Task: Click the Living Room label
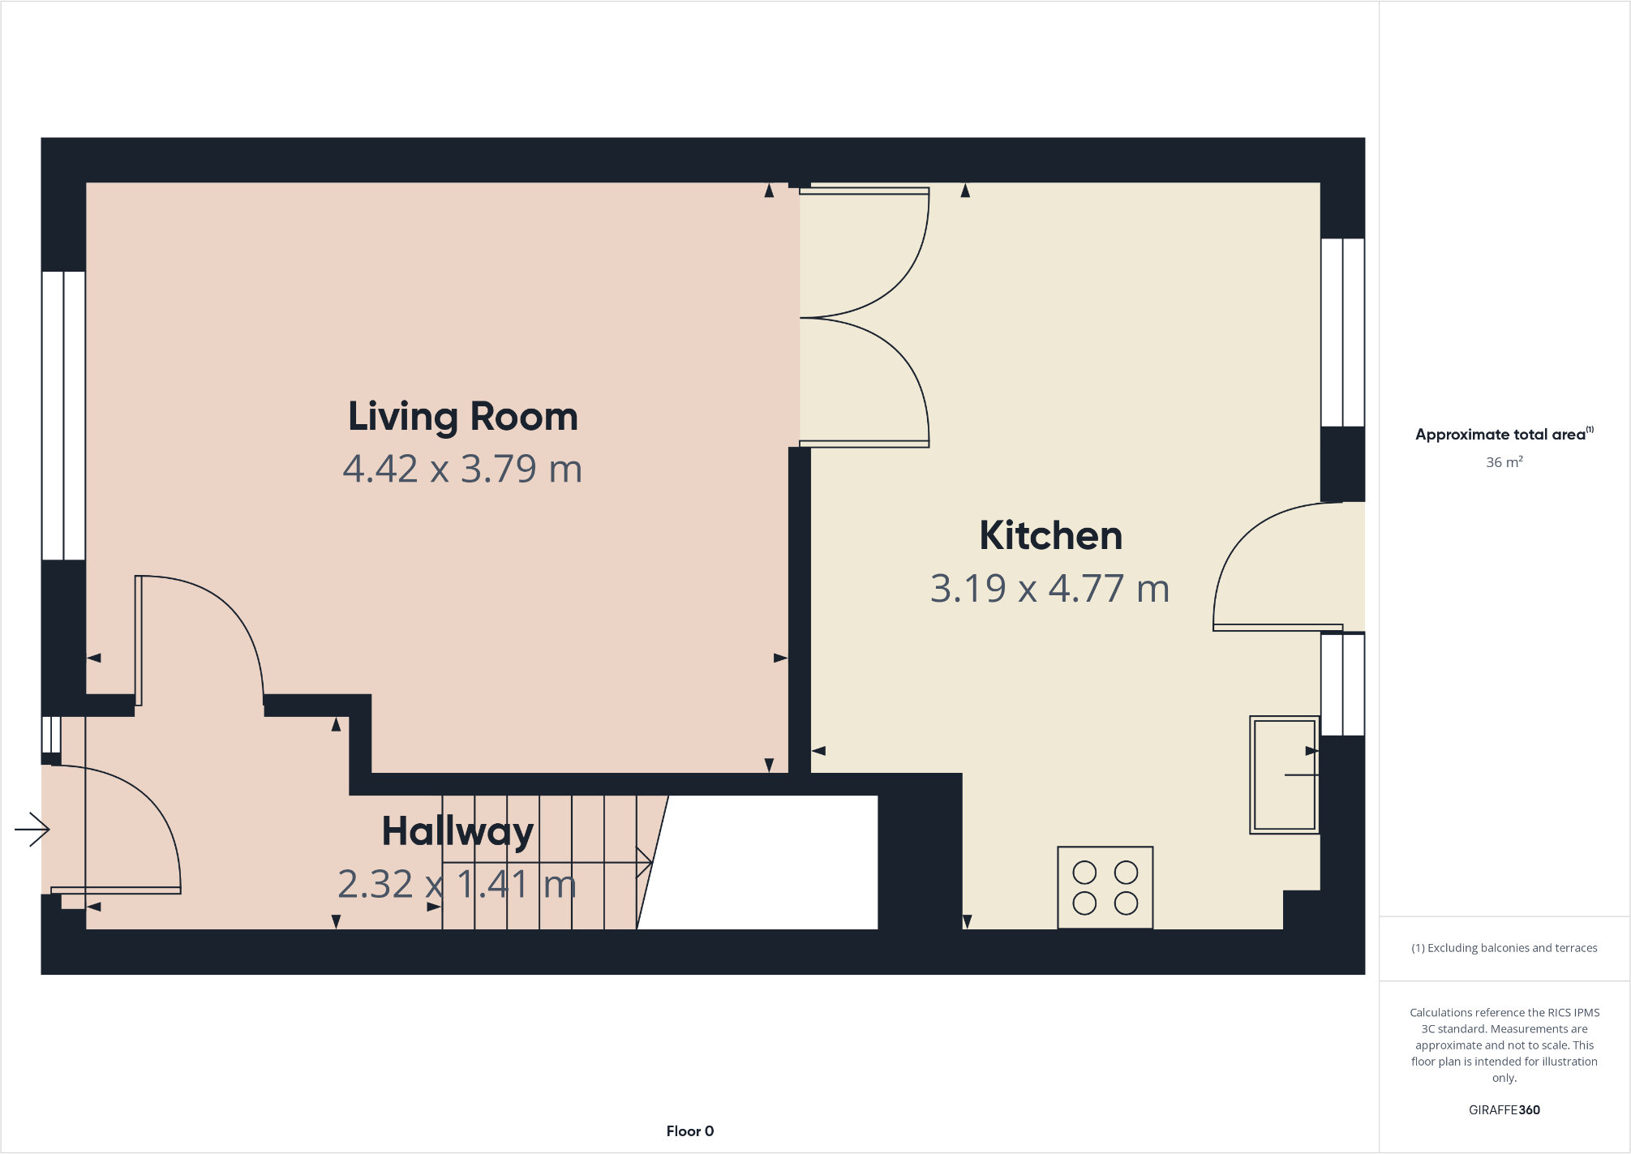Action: pos(463,417)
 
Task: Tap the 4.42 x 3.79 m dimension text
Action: pos(462,469)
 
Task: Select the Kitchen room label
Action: pos(1050,536)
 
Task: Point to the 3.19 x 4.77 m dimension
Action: pos(1049,589)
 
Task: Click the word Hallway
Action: pos(457,831)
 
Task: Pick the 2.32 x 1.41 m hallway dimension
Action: pos(457,884)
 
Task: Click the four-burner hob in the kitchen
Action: pos(1105,887)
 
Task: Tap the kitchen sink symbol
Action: pos(1284,774)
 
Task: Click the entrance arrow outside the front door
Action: pos(32,829)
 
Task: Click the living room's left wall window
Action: pos(64,415)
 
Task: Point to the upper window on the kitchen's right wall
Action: pos(1342,332)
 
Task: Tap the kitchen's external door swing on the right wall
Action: pos(1277,568)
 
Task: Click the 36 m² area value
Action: pos(1504,462)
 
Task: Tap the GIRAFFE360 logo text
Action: pos(1504,1109)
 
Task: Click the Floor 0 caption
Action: pos(689,1130)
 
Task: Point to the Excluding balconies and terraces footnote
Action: pos(1504,947)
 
